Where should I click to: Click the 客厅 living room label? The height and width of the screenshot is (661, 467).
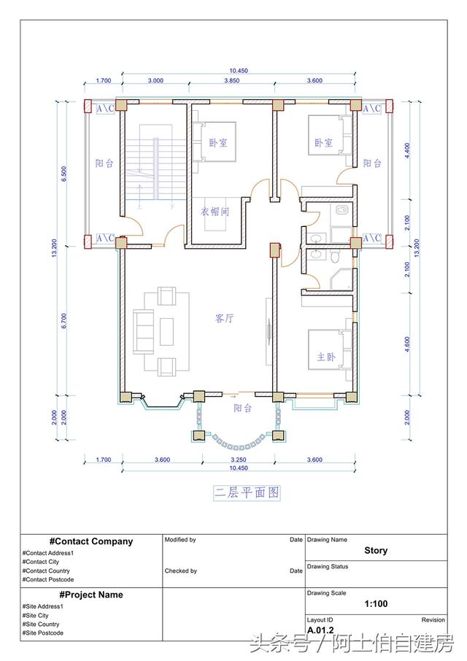(x=224, y=318)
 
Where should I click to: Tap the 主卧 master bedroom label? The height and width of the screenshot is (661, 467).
(x=325, y=357)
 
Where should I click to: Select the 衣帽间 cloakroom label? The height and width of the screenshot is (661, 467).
(x=215, y=212)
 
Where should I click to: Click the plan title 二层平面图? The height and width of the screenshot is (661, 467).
(x=247, y=493)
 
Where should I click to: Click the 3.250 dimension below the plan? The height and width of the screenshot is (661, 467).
(x=237, y=460)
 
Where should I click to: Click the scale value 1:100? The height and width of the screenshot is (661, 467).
(x=375, y=604)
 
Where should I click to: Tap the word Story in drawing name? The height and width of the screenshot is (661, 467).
(x=376, y=551)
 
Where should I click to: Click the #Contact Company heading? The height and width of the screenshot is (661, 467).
(x=91, y=541)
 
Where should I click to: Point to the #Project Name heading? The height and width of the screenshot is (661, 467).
(x=91, y=595)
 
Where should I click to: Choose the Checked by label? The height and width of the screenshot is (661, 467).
(x=181, y=571)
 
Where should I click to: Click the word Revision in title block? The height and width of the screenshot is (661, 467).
(x=433, y=619)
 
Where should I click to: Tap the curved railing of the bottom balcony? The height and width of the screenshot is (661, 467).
(x=237, y=444)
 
